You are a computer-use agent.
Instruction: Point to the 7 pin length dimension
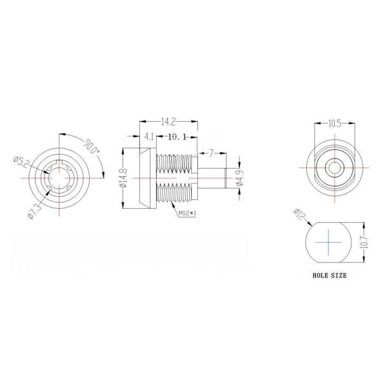click(211, 153)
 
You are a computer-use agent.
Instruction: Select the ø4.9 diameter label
click(240, 179)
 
